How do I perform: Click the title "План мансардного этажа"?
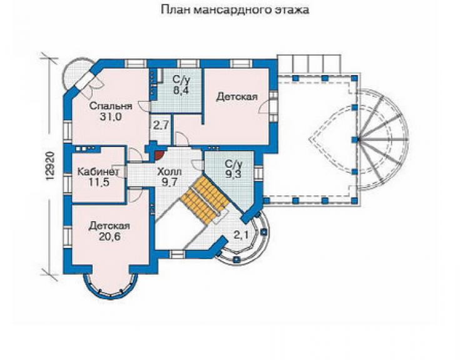point(235,10)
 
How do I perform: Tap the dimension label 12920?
point(51,166)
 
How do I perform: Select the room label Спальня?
point(111,106)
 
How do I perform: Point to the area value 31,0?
point(111,117)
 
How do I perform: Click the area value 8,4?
point(181,90)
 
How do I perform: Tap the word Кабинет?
point(98,172)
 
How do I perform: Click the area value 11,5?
point(99,182)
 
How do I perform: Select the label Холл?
point(170,172)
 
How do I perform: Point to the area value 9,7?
point(170,182)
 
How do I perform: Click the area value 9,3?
point(233,175)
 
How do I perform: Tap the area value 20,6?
point(109,237)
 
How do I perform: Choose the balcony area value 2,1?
point(242,235)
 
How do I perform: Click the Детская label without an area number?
point(237,96)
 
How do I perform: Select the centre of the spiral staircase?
point(359,139)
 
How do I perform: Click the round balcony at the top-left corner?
point(76,74)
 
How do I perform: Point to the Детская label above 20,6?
point(109,226)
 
